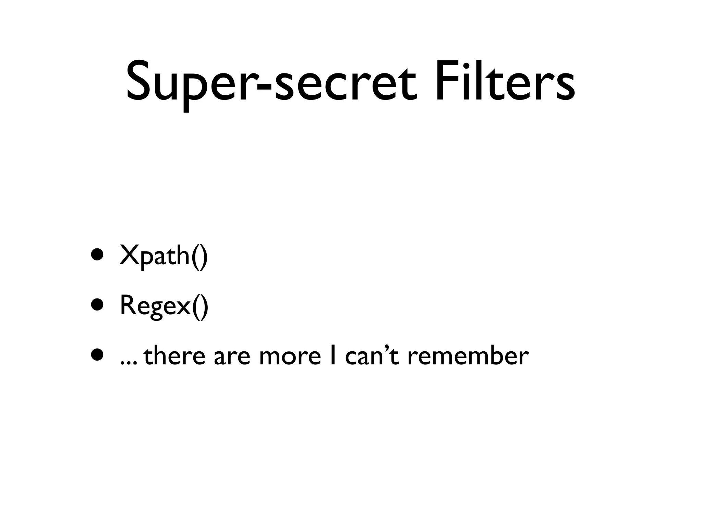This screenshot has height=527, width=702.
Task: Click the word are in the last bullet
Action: click(232, 359)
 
